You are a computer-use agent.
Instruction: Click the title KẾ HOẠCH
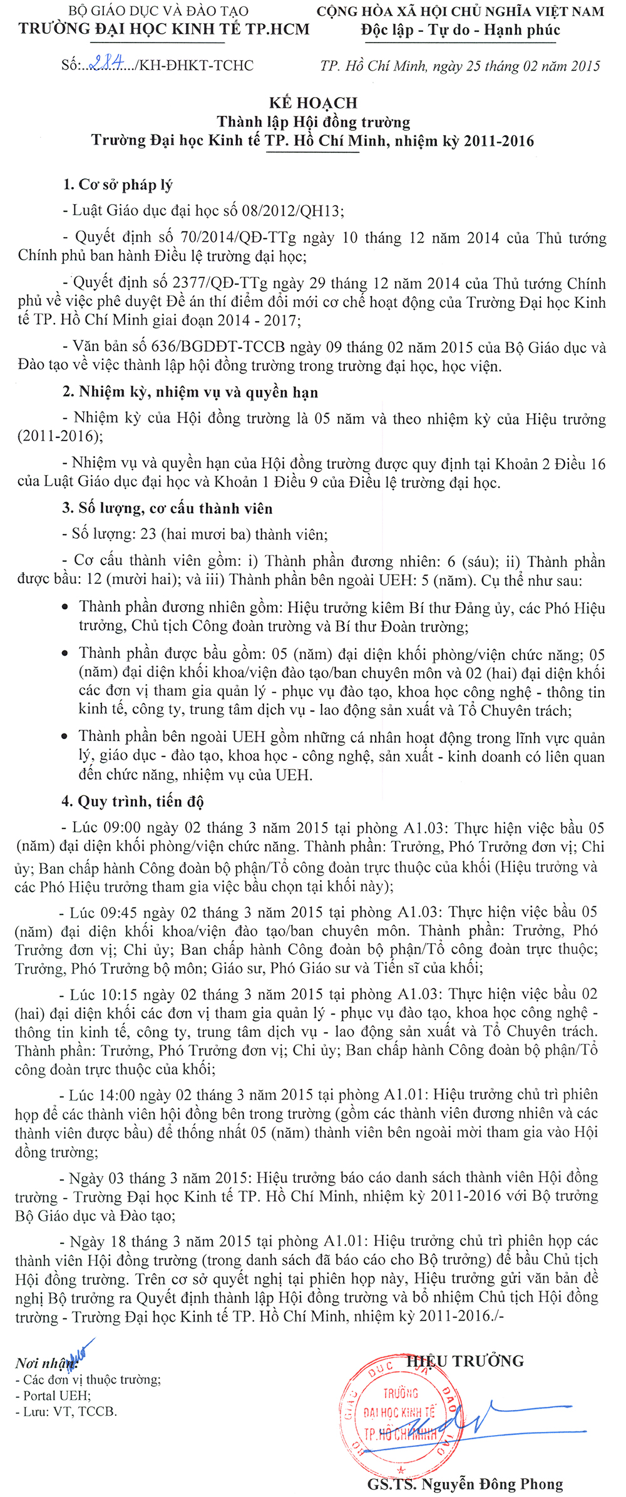[313, 103]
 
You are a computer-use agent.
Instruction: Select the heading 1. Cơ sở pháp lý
[117, 185]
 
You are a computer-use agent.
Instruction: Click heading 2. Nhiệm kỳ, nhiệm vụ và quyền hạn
[190, 392]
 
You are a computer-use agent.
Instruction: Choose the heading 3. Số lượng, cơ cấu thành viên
[167, 508]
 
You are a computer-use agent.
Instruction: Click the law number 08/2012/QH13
[292, 210]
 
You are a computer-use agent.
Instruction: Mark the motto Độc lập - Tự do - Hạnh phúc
[460, 30]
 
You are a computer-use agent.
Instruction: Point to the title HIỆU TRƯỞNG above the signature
[466, 1361]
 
